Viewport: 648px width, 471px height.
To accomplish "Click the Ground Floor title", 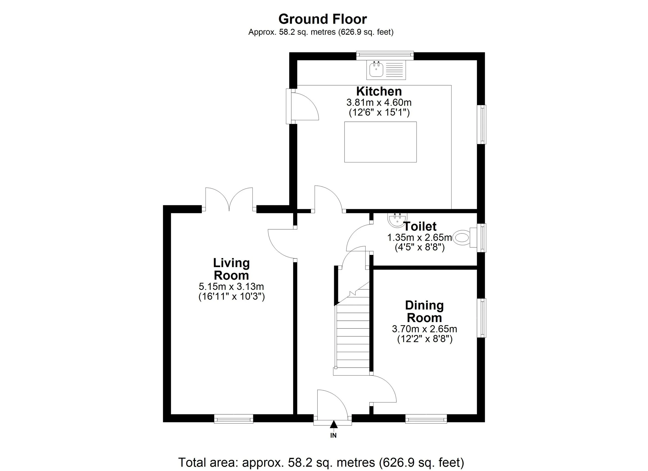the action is click(322, 19).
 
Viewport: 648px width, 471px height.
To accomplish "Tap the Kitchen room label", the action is click(379, 91).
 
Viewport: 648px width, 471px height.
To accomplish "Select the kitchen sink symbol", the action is click(386, 70).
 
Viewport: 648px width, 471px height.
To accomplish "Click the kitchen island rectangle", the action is click(380, 142).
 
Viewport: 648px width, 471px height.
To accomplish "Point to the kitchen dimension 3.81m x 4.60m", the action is click(379, 102).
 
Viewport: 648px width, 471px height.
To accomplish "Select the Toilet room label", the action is click(420, 226).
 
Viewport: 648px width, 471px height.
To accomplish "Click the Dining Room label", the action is click(424, 311).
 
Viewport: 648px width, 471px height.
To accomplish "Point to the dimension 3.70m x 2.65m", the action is click(424, 329).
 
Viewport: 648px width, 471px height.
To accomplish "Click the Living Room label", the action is click(231, 269).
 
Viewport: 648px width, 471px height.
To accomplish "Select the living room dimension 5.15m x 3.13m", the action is click(231, 286).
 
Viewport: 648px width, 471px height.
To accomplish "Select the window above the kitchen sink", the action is click(385, 55).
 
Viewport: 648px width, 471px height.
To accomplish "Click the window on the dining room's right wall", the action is click(482, 318).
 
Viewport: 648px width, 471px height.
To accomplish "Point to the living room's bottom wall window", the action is click(234, 419).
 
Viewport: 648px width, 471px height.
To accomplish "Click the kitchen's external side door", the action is click(302, 106).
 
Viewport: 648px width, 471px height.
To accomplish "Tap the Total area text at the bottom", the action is click(321, 462).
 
